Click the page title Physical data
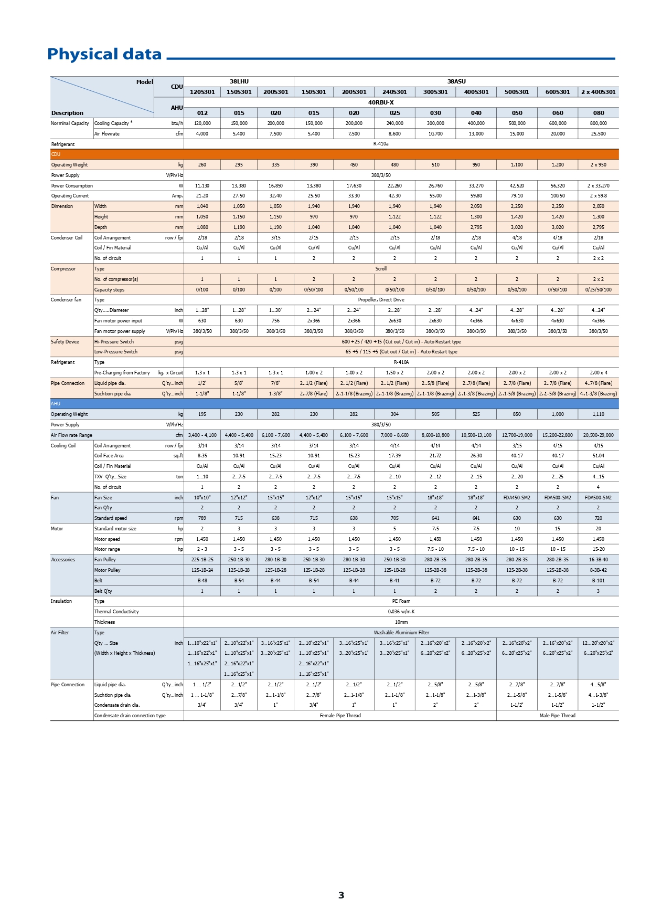[x=104, y=55]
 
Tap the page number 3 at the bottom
[x=341, y=895]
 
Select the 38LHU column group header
[x=239, y=81]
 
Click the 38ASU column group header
[x=456, y=81]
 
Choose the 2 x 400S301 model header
[x=598, y=92]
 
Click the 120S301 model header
[x=202, y=92]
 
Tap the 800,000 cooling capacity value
[x=598, y=123]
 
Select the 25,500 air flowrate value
[x=598, y=134]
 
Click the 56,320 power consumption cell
[x=558, y=186]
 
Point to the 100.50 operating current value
[x=558, y=196]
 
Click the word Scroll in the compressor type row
[x=381, y=269]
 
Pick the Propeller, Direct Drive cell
[x=381, y=300]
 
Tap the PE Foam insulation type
[x=401, y=601]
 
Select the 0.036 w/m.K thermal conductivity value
[x=401, y=612]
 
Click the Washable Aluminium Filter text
[x=401, y=633]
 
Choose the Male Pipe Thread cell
[x=558, y=716]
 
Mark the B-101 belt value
[x=598, y=581]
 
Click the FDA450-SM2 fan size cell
[x=517, y=498]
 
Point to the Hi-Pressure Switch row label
[x=114, y=342]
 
